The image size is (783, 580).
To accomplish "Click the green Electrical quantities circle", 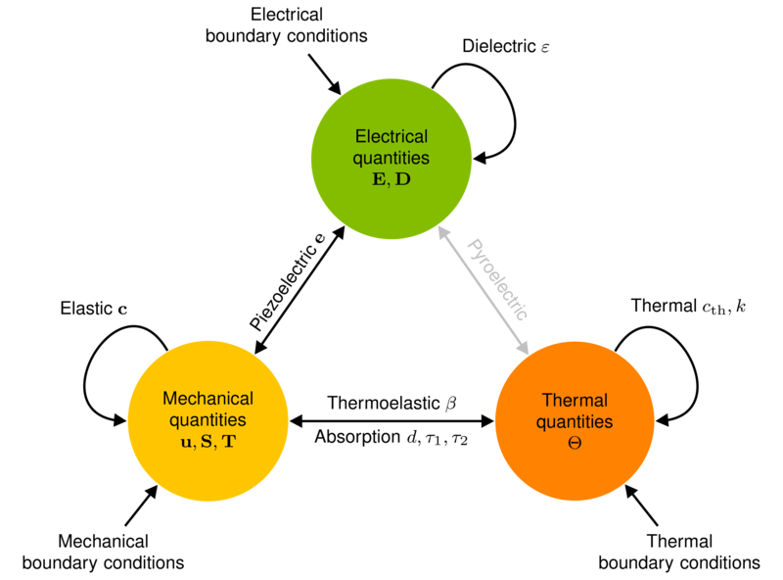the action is click(391, 159).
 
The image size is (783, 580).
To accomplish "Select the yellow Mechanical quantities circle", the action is click(208, 420).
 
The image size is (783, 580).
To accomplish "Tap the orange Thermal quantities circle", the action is click(575, 420).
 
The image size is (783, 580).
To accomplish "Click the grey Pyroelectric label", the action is click(498, 279).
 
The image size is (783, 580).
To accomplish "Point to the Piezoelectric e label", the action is click(287, 281).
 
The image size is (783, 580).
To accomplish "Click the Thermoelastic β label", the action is click(392, 403).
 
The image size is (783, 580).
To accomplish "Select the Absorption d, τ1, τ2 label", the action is click(391, 437).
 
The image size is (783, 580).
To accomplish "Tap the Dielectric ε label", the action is click(505, 46).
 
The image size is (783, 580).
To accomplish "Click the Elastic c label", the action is click(94, 308).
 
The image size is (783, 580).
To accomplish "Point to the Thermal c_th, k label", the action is click(688, 306).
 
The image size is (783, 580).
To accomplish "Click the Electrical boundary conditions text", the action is click(287, 25).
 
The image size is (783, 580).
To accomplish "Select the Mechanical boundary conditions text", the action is click(104, 552).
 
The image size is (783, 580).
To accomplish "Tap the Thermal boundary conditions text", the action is click(679, 552).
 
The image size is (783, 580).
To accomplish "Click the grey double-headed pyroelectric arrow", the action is click(484, 290).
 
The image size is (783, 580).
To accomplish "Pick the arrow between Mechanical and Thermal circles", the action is click(391, 421).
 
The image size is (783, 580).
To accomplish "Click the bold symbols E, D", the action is click(391, 179).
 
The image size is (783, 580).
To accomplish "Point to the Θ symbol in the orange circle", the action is click(575, 443).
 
